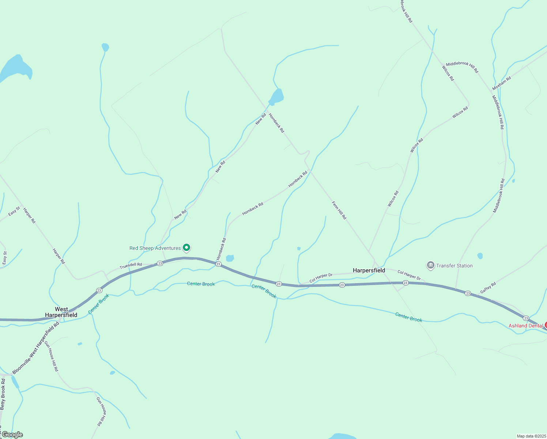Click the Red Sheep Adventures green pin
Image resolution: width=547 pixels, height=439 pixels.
pyautogui.click(x=186, y=248)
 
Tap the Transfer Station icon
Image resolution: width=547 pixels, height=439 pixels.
pyautogui.click(x=430, y=265)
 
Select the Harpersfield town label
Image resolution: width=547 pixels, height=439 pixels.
pyautogui.click(x=369, y=270)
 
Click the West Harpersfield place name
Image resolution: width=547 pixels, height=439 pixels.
pyautogui.click(x=61, y=312)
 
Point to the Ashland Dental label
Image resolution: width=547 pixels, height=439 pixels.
pyautogui.click(x=525, y=326)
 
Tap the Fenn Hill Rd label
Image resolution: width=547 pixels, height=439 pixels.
pyautogui.click(x=339, y=210)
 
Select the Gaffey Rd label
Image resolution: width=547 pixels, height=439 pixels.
pyautogui.click(x=488, y=288)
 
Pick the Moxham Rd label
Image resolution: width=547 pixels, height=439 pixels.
pyautogui.click(x=501, y=83)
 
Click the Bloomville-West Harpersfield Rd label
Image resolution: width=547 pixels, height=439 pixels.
pyautogui.click(x=35, y=348)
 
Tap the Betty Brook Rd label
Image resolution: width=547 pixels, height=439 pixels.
pyautogui.click(x=3, y=394)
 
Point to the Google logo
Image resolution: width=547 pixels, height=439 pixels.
pyautogui.click(x=12, y=435)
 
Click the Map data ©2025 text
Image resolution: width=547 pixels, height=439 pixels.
pyautogui.click(x=531, y=436)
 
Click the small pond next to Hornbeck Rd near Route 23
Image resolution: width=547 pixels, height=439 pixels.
pyautogui.click(x=230, y=258)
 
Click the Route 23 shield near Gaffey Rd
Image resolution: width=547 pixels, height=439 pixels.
pyautogui.click(x=468, y=293)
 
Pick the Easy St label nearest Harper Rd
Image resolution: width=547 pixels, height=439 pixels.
pyautogui.click(x=14, y=211)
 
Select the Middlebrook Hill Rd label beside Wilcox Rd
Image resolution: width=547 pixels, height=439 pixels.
pyautogui.click(x=462, y=67)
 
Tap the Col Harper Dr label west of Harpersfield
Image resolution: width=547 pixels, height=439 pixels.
pyautogui.click(x=321, y=278)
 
